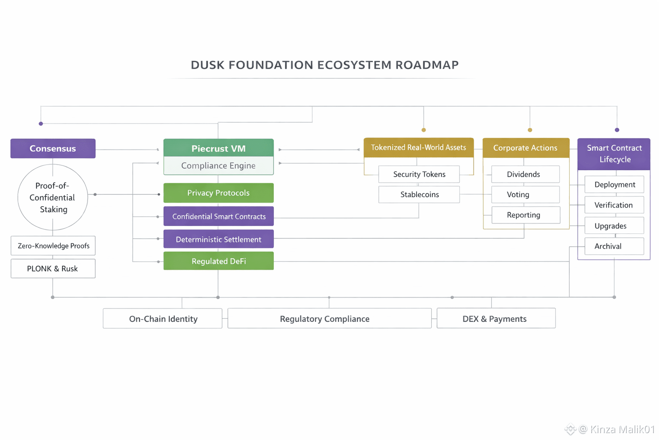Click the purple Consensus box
53,149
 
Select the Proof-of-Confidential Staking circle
52,197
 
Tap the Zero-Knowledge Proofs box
53,246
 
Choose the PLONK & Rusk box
53,269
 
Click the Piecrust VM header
218,148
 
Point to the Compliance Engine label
218,166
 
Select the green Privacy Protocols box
218,193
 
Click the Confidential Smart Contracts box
218,217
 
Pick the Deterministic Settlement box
218,239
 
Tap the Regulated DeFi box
218,261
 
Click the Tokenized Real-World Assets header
418,147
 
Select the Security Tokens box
419,174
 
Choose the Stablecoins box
419,194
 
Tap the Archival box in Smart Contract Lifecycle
614,246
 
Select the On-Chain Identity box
163,318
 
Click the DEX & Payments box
496,318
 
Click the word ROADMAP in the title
427,65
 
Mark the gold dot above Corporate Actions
530,130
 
